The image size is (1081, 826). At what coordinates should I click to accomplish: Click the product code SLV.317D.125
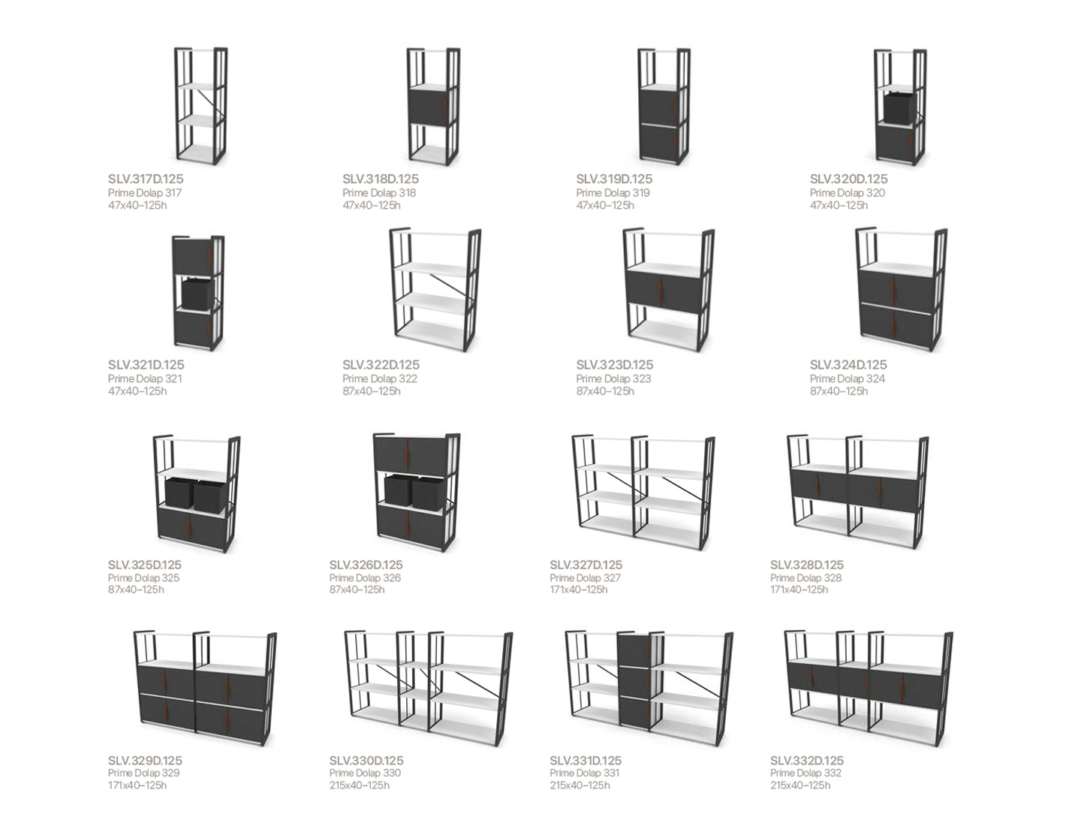(146, 179)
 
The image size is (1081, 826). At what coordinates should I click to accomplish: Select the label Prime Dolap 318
(379, 192)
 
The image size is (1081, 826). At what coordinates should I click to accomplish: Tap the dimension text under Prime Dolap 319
(605, 206)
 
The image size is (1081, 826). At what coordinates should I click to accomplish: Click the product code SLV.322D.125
(381, 364)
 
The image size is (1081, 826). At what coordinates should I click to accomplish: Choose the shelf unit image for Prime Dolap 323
(668, 290)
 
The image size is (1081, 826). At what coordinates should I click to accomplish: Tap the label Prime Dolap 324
(847, 378)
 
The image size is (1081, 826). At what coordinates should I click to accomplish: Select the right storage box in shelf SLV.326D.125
(429, 493)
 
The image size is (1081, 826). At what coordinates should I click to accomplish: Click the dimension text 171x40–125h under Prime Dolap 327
(579, 589)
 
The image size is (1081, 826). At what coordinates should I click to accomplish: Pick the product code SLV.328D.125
(807, 565)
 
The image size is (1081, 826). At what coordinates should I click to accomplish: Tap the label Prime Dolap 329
(144, 773)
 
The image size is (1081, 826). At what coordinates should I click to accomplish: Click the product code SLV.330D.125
(366, 761)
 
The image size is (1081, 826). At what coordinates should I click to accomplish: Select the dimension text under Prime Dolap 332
(800, 785)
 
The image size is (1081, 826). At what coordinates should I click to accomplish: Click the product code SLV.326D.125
(366, 565)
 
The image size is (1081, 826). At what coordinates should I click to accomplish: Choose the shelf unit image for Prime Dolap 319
(664, 106)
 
